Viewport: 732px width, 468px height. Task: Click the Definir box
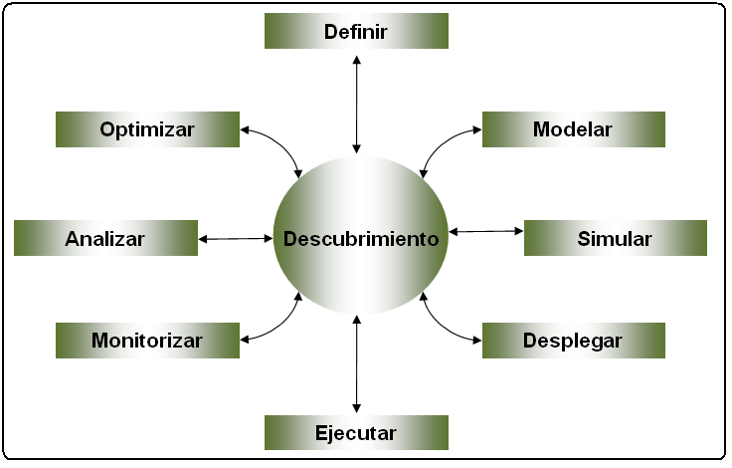(x=356, y=32)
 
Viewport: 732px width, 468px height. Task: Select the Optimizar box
(x=147, y=129)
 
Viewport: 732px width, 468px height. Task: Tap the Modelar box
(x=573, y=129)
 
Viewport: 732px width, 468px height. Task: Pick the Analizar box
(x=105, y=239)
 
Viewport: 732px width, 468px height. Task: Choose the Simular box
(x=615, y=239)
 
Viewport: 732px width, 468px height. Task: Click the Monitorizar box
(x=147, y=341)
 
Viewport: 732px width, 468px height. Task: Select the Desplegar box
(x=573, y=341)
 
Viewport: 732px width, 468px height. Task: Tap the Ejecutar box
(x=356, y=433)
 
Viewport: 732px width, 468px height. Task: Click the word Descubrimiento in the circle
(x=361, y=239)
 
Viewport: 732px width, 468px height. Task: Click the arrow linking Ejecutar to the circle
(x=357, y=362)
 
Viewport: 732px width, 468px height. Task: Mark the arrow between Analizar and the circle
(x=236, y=238)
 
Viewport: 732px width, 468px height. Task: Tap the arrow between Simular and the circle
(x=485, y=231)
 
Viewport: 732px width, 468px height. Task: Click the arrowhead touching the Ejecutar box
(x=357, y=409)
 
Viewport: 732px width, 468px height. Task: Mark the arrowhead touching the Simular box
(x=519, y=231)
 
